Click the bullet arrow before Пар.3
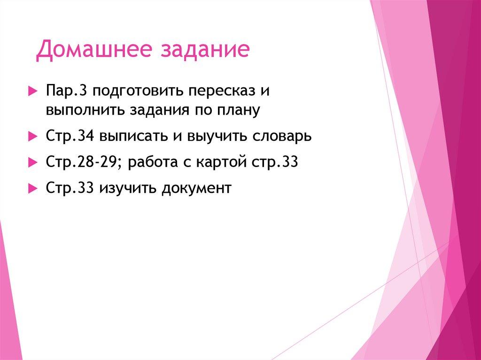click(32, 90)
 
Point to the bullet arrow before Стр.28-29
click(32, 162)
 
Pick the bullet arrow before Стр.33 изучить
click(32, 188)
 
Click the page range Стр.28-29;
click(84, 162)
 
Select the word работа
click(151, 162)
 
